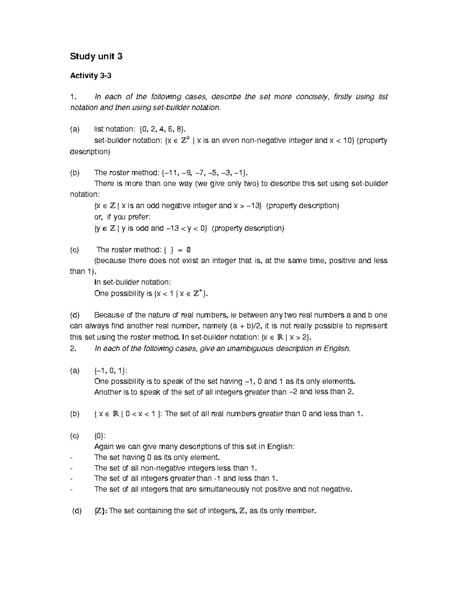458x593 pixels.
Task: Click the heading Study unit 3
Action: point(96,57)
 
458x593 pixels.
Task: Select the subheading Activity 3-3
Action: point(90,76)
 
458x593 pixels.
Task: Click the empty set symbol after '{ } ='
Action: point(188,250)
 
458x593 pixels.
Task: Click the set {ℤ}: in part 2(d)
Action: point(101,511)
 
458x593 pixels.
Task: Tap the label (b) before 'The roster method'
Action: point(75,173)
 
